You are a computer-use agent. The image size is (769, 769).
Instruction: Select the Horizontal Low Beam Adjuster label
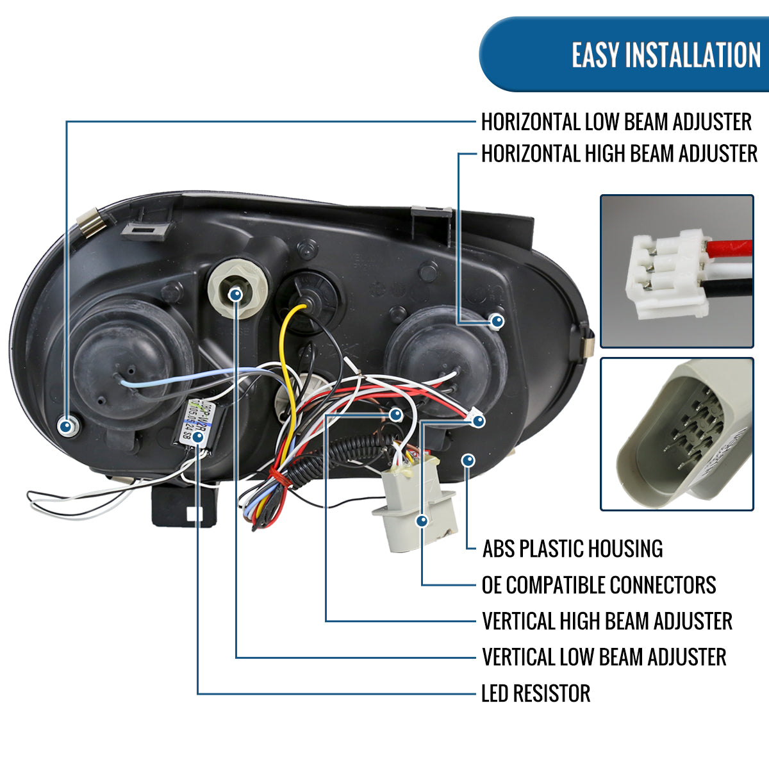616,122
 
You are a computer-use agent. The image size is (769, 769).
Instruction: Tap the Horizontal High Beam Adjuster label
619,154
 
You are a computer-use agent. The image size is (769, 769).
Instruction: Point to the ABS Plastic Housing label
572,549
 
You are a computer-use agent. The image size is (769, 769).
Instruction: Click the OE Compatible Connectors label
599,585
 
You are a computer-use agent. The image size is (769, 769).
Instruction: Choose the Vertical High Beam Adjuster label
607,621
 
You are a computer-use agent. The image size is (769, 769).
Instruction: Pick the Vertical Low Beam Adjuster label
604,657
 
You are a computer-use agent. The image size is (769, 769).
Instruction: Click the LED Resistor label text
536,693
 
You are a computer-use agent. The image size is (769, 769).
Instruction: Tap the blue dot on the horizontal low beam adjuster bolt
66,426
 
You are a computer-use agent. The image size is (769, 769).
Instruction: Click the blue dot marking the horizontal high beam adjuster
497,322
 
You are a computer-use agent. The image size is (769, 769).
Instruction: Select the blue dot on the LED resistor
198,437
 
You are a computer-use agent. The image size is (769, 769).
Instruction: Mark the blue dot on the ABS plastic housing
468,460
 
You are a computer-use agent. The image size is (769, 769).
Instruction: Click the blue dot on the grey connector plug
421,521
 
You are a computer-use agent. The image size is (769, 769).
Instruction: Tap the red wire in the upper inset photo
731,247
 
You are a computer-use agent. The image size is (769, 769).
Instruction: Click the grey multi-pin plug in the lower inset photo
673,436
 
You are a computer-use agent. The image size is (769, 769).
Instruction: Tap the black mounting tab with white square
183,506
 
